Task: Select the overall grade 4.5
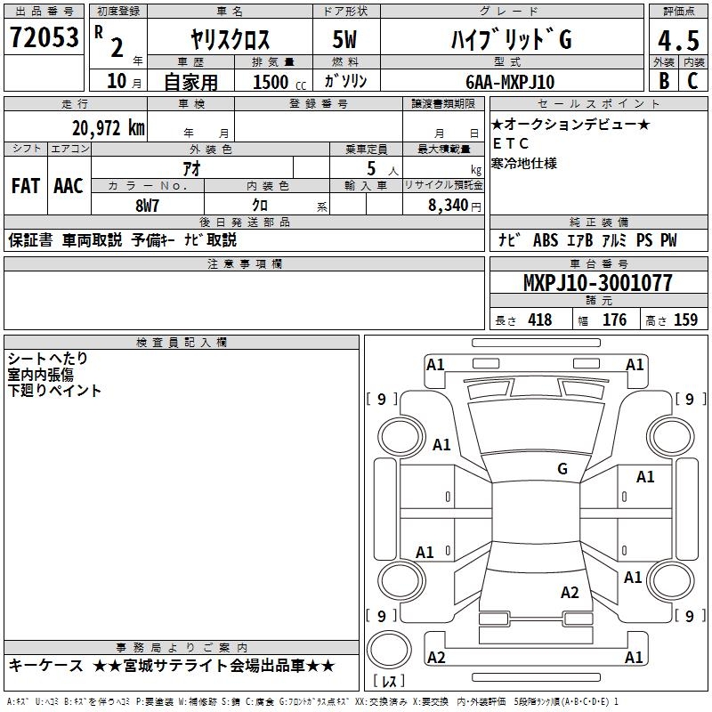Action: click(676, 41)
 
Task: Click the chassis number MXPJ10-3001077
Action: click(597, 283)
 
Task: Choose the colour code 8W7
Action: click(146, 204)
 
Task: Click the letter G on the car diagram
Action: click(562, 469)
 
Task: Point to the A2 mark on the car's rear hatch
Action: click(570, 593)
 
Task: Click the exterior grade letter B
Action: click(662, 82)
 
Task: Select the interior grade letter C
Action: click(692, 82)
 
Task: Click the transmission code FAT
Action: click(25, 185)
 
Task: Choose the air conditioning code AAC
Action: click(69, 185)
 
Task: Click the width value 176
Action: click(615, 320)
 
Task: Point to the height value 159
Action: click(685, 320)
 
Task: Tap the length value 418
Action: click(539, 320)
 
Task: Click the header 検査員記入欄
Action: click(182, 343)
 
